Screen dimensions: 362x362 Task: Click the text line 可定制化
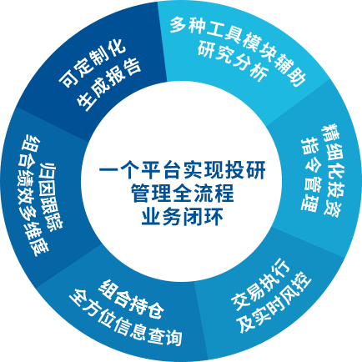tap(93, 65)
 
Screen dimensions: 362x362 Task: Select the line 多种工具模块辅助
tap(238, 48)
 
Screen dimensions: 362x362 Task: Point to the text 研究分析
tap(233, 62)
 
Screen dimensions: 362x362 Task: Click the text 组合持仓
tap(131, 299)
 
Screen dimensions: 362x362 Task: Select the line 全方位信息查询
tap(126, 318)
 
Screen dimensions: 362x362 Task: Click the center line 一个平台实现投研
tap(182, 169)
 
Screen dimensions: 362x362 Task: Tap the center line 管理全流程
tap(182, 193)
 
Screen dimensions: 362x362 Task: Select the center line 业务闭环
tap(182, 216)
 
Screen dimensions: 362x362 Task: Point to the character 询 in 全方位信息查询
tap(173, 337)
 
